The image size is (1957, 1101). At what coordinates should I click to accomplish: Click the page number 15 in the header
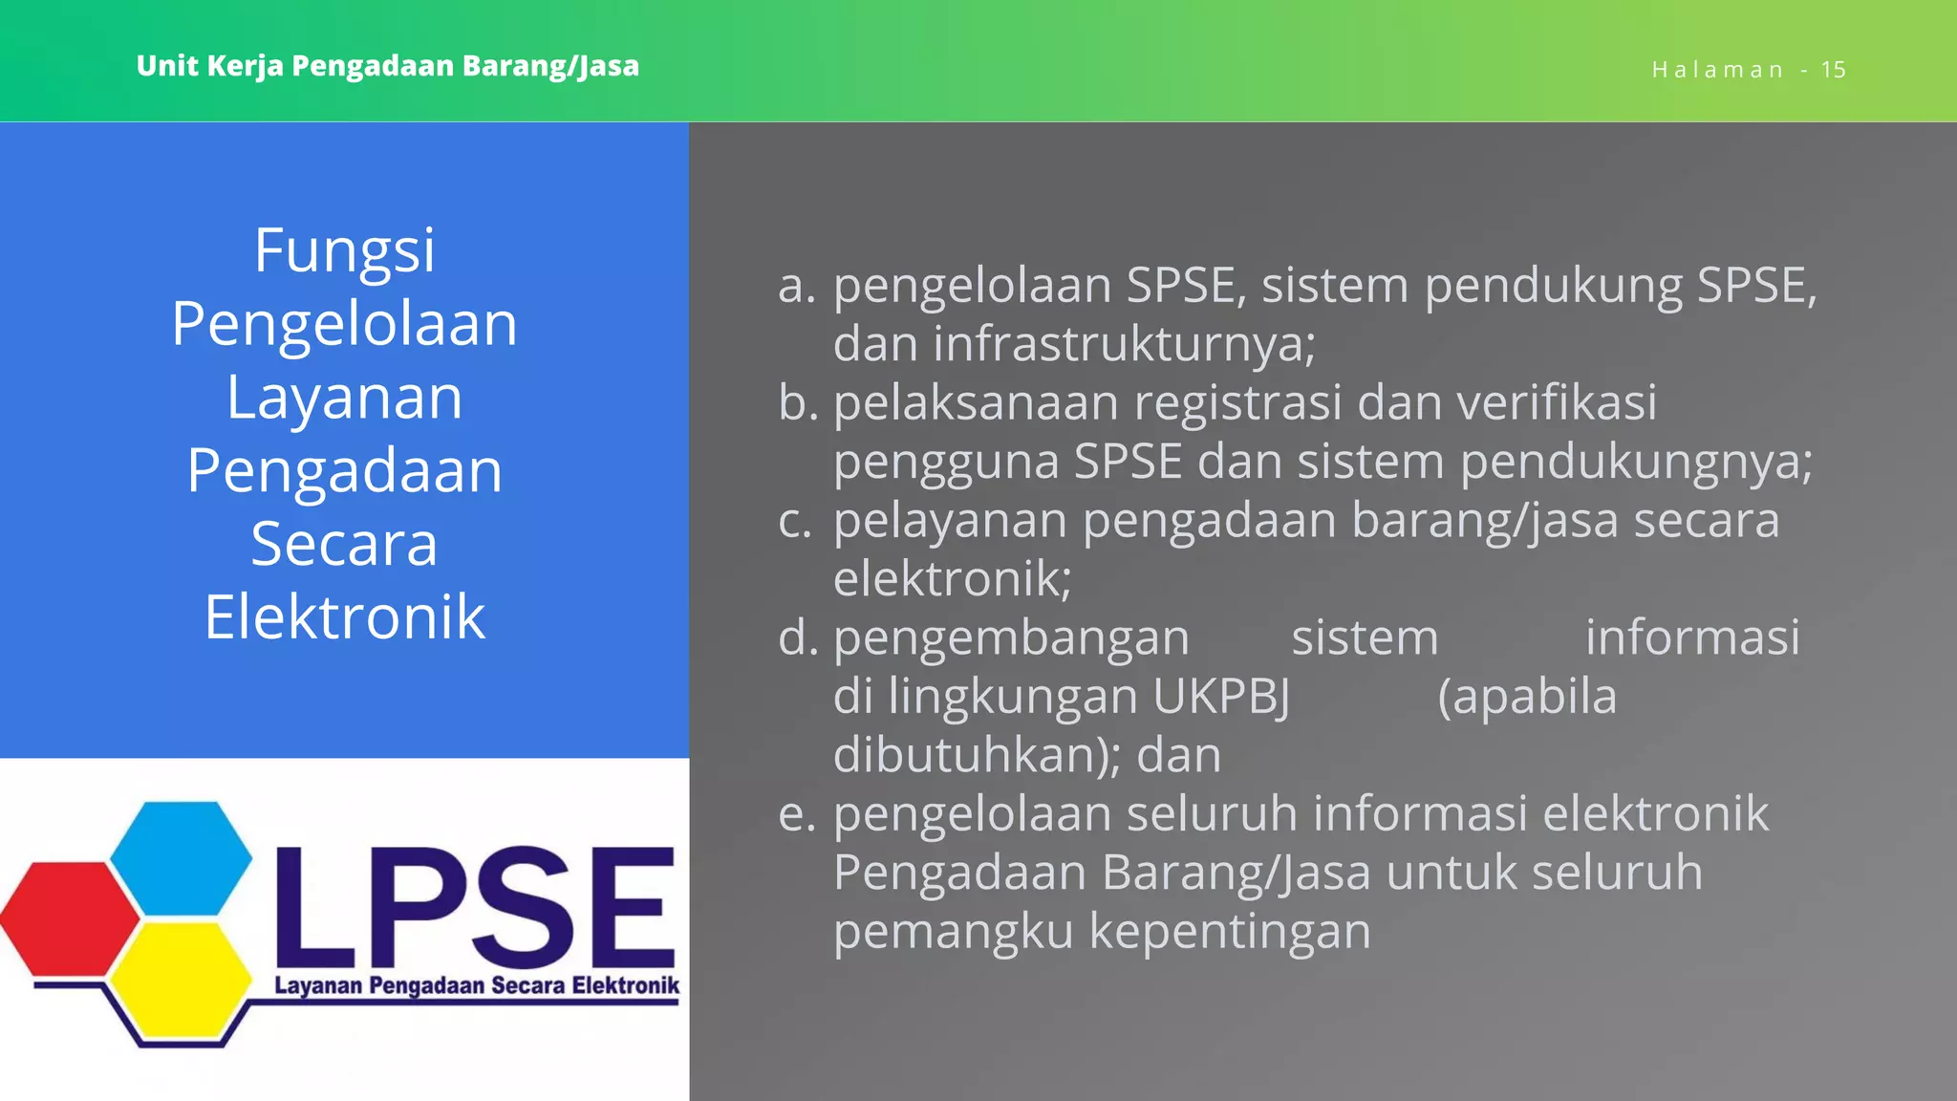click(1833, 70)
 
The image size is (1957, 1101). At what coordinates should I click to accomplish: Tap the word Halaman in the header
click(1717, 70)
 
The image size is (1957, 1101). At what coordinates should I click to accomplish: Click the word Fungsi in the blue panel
click(344, 251)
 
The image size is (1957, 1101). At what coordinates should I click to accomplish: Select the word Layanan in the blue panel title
click(344, 398)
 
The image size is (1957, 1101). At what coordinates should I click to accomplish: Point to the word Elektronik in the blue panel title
click(344, 617)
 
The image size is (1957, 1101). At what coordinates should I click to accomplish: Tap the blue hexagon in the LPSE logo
click(182, 856)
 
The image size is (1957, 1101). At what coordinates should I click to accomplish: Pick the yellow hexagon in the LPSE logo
click(180, 981)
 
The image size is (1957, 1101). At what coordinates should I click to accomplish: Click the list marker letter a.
click(795, 286)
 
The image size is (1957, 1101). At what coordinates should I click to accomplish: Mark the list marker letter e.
click(795, 814)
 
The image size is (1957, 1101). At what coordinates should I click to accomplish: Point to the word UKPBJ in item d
click(1221, 697)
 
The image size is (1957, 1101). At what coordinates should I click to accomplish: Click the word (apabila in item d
click(1527, 697)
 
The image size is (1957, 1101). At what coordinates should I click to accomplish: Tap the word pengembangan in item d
click(1011, 638)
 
